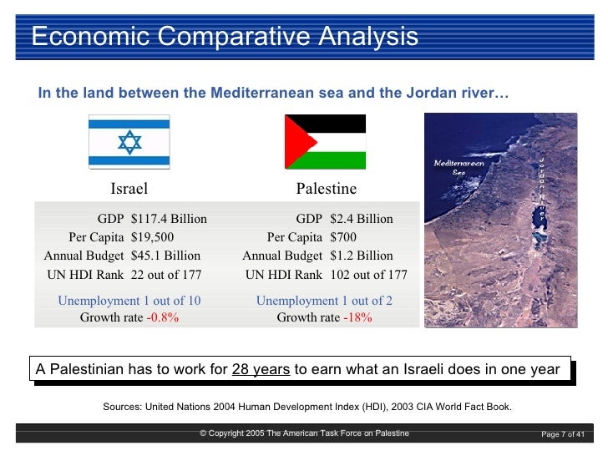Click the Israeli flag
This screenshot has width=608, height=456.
129,140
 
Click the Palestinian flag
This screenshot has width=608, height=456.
326,142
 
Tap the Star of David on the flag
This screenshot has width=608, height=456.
129,141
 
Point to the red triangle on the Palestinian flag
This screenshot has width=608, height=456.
296,142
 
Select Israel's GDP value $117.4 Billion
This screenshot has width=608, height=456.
169,219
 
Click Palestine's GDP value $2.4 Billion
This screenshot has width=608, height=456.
362,219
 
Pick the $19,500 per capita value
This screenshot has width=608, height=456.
153,237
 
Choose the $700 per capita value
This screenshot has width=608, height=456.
344,237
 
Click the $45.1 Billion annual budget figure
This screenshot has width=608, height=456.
165,256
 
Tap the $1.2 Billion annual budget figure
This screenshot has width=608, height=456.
362,256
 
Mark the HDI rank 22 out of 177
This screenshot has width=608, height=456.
166,274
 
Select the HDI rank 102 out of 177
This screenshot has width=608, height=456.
369,274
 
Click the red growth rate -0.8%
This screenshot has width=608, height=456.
163,317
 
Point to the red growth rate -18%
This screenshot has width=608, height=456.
357,317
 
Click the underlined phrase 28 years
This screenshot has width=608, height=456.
261,369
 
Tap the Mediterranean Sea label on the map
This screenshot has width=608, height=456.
459,167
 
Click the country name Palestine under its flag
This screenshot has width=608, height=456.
326,189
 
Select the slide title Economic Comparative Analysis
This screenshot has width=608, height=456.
225,37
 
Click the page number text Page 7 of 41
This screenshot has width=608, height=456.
563,433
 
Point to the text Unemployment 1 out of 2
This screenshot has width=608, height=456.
324,301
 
